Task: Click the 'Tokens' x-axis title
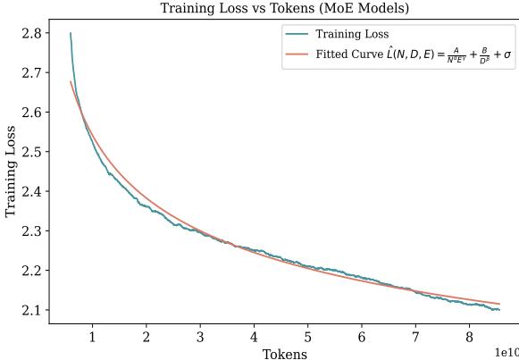[x=284, y=354]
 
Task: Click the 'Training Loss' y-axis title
[x=11, y=172]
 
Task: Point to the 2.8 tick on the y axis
[x=31, y=33]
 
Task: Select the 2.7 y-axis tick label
[x=31, y=72]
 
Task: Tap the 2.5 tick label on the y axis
[x=31, y=152]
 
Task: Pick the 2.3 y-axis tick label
[x=31, y=230]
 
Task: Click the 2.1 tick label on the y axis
[x=31, y=310]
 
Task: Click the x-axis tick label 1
[x=92, y=337]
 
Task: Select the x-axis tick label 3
[x=200, y=337]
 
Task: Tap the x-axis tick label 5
[x=307, y=337]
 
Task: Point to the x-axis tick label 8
[x=469, y=337]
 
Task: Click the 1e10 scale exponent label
[x=506, y=352]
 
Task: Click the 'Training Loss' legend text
[x=352, y=35]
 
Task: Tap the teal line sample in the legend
[x=298, y=35]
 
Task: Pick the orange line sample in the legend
[x=298, y=53]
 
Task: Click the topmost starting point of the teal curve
[x=71, y=34]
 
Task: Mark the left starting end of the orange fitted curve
[x=71, y=82]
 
